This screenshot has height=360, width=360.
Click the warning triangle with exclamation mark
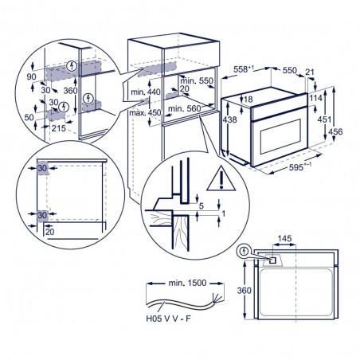point(221,178)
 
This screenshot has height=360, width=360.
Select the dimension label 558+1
point(244,69)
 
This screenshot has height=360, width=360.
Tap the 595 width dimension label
point(300,166)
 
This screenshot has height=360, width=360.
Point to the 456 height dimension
point(336,131)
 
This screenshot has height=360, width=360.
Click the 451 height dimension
point(324,119)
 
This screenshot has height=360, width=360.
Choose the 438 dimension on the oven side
point(229,119)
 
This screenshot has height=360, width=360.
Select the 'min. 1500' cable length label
point(187,283)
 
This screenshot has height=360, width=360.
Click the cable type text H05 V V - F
point(168,319)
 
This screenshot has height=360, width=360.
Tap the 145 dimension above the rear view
point(284,238)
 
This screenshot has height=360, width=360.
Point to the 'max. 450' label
point(145,112)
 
